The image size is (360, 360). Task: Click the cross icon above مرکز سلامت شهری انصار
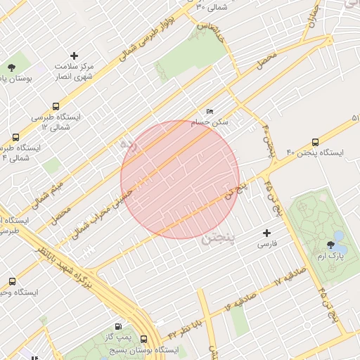[x=75, y=55]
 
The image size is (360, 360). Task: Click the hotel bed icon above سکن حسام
[x=210, y=112]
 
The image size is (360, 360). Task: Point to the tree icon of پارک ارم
[x=331, y=245]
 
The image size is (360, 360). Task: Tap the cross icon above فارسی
[x=266, y=233]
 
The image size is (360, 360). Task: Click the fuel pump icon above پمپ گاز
[x=117, y=327]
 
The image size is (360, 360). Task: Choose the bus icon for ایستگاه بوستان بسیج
[x=144, y=338]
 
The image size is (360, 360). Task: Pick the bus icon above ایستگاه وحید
[x=12, y=282]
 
